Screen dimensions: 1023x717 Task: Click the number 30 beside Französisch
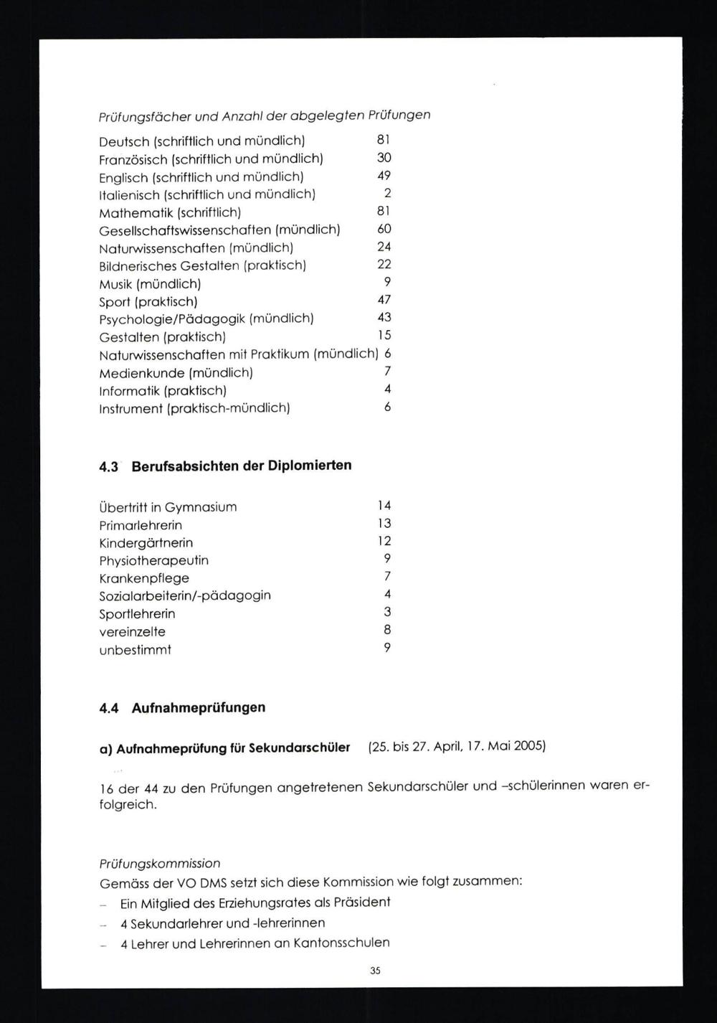384,158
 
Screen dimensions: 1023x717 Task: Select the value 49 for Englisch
384,176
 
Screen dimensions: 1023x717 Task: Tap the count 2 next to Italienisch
387,193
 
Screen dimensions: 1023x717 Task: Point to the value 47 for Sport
384,300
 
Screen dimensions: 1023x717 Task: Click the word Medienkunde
141,373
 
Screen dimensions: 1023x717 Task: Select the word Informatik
130,391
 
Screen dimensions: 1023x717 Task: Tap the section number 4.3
108,466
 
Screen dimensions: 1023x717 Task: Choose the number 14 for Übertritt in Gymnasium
384,506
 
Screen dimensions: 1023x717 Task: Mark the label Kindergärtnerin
146,543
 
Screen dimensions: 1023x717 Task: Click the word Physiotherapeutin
154,560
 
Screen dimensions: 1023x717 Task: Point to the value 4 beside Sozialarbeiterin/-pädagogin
387,594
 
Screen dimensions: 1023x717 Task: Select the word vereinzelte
133,632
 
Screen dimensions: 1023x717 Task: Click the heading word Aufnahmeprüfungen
199,708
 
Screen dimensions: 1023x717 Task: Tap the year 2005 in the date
529,746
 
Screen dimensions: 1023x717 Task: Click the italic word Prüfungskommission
160,864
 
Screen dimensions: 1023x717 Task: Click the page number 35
375,971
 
